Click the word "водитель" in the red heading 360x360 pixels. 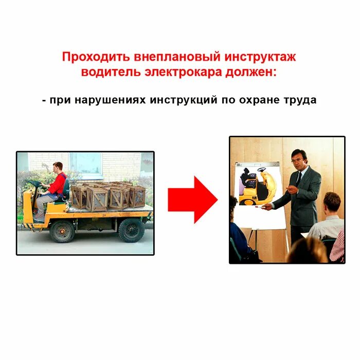point(106,72)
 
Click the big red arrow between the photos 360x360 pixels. point(193,200)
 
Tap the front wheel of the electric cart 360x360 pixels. point(62,231)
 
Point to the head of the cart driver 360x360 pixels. point(58,167)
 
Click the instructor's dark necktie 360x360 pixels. point(299,178)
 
